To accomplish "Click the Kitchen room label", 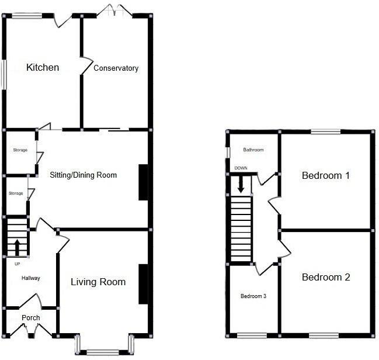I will click(x=43, y=68).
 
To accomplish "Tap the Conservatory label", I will click(x=116, y=68).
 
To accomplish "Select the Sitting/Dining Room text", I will click(x=84, y=175).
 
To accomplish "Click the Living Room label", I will click(x=98, y=282).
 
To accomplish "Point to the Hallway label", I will click(x=31, y=278).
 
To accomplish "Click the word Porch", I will click(x=31, y=318).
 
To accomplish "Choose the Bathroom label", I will click(x=253, y=150).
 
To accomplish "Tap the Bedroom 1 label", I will click(x=326, y=175).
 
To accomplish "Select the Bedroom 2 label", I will click(x=326, y=277).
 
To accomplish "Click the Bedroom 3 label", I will click(x=253, y=296).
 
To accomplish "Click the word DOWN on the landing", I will click(x=241, y=168).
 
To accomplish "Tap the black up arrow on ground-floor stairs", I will click(x=17, y=247).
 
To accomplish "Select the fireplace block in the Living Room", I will click(x=143, y=284).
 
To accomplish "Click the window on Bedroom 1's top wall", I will click(x=326, y=131).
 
